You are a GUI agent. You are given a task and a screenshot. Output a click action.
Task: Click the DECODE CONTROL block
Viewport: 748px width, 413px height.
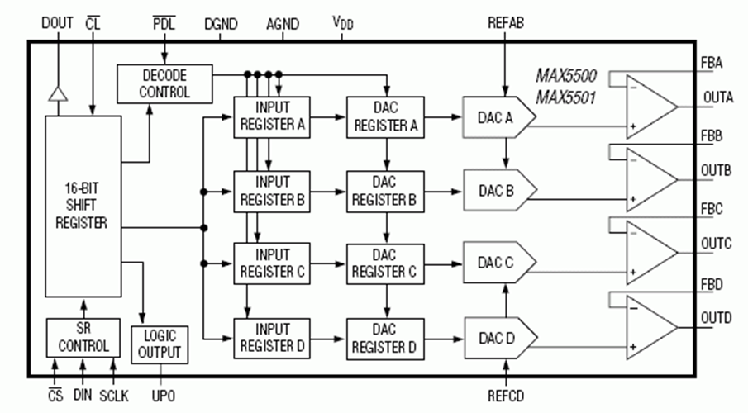click(x=164, y=82)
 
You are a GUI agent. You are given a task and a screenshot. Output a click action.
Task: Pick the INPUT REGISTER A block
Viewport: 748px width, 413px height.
click(x=271, y=117)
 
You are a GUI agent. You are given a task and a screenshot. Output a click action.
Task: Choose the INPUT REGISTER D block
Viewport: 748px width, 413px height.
click(x=271, y=337)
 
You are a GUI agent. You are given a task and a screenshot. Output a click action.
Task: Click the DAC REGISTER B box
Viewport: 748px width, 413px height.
click(x=384, y=191)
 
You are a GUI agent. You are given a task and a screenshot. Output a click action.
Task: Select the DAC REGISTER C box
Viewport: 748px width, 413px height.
click(x=384, y=263)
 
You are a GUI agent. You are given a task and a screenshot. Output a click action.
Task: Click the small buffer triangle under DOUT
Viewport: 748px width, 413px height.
click(x=56, y=93)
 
